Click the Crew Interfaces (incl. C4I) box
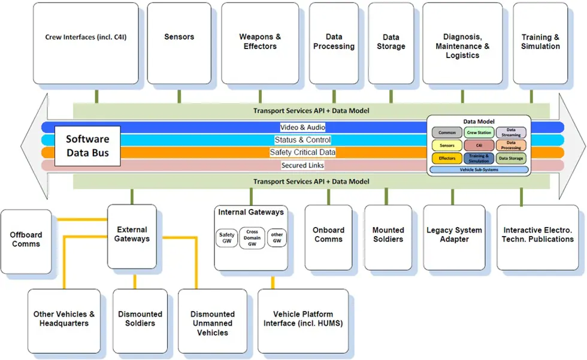[x=86, y=43]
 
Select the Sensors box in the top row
[x=179, y=43]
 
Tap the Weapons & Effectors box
[x=260, y=43]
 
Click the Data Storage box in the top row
[x=391, y=43]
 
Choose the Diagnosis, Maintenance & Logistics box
[x=462, y=43]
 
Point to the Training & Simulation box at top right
[x=540, y=43]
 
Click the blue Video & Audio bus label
[x=302, y=128]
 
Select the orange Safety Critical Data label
[x=302, y=153]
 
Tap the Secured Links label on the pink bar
[x=302, y=165]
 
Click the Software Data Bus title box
[x=87, y=146]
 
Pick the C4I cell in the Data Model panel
[x=479, y=146]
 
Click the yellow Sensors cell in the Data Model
[x=447, y=146]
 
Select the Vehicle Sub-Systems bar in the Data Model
[x=479, y=170]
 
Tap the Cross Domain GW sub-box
[x=252, y=238]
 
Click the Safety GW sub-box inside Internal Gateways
[x=227, y=238]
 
